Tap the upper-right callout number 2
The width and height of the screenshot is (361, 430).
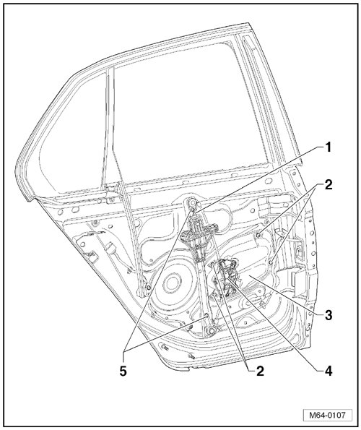328,185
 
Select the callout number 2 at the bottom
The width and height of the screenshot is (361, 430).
259,371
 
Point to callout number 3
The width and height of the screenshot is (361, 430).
328,315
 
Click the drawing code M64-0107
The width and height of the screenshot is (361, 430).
327,415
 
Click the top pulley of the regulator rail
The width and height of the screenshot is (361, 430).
192,203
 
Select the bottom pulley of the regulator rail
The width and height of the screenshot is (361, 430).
210,330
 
